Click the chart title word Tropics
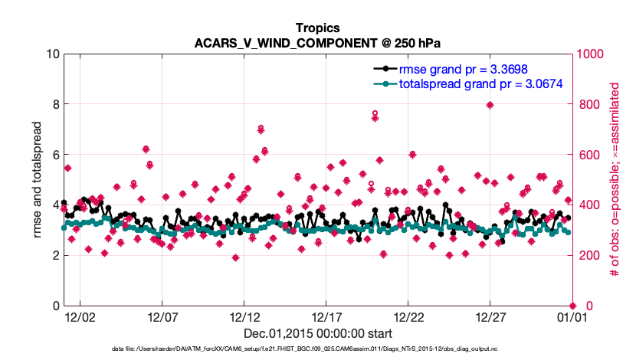[317, 28]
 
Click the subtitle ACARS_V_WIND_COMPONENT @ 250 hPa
[317, 43]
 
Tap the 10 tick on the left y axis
[52, 54]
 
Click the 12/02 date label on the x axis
[80, 316]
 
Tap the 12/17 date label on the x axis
[326, 316]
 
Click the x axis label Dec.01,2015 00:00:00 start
[317, 334]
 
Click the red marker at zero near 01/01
[572, 306]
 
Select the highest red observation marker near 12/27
[489, 105]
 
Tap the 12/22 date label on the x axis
[408, 316]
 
